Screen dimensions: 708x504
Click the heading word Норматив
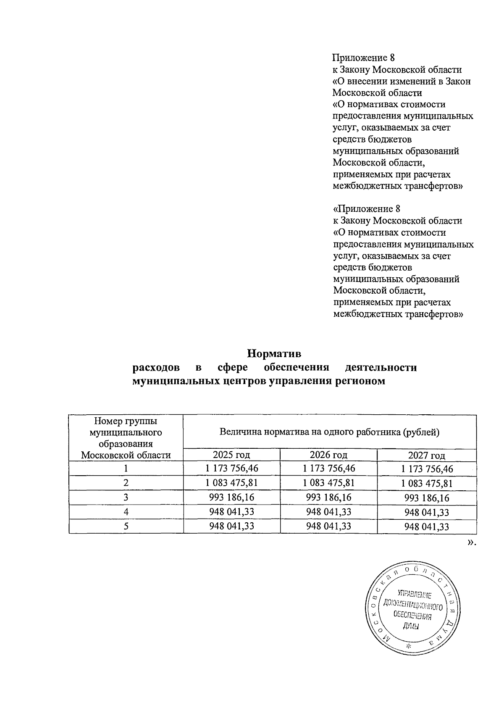pyautogui.click(x=274, y=353)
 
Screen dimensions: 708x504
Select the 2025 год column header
pyautogui.click(x=231, y=455)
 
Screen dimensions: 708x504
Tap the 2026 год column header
pyautogui.click(x=328, y=455)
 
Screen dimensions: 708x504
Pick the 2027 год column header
pyautogui.click(x=426, y=455)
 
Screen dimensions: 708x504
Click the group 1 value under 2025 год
pyautogui.click(x=231, y=468)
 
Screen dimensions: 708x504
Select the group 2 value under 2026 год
pyautogui.click(x=328, y=483)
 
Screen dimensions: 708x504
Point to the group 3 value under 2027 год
pyautogui.click(x=426, y=498)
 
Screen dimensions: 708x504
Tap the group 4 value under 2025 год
pyautogui.click(x=231, y=512)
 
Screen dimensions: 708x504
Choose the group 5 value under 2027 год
pyautogui.click(x=426, y=527)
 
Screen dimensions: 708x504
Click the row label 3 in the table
pyautogui.click(x=126, y=497)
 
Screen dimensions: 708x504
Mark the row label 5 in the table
pyautogui.click(x=126, y=526)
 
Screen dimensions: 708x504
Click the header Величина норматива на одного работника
pyautogui.click(x=329, y=432)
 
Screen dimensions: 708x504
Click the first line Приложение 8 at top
pyautogui.click(x=363, y=58)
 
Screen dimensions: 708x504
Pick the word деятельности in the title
pyautogui.click(x=381, y=367)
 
